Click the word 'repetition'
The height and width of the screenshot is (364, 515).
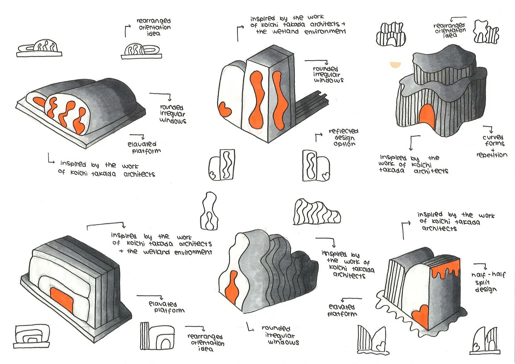pos(492,155)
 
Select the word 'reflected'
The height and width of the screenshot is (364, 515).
pos(344,131)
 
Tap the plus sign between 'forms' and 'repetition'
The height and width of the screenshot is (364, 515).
pos(493,149)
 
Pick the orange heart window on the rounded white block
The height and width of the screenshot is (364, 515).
pos(224,109)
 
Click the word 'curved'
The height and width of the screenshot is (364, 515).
pos(493,138)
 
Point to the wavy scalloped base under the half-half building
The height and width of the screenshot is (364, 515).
pos(418,329)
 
